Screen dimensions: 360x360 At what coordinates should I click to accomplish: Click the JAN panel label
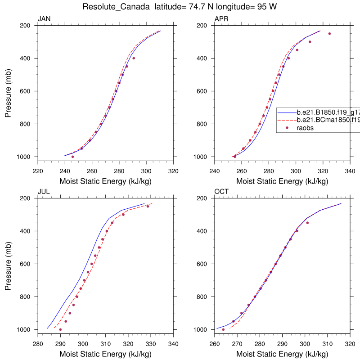(x=44, y=19)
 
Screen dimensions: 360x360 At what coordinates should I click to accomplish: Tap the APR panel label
(x=221, y=19)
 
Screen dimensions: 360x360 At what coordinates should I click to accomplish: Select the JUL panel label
(x=44, y=192)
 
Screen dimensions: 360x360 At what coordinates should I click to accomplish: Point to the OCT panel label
(x=221, y=192)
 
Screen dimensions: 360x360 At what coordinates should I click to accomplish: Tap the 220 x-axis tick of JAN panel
(x=38, y=171)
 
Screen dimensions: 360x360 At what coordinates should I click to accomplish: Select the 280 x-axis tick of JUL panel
(x=38, y=344)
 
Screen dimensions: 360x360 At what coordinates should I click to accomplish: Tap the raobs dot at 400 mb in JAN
(x=134, y=58)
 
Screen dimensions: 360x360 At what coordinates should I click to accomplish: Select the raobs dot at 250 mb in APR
(x=329, y=34)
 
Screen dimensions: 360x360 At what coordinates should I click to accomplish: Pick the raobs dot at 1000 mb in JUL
(x=60, y=329)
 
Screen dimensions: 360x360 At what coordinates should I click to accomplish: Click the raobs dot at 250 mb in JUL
(x=148, y=207)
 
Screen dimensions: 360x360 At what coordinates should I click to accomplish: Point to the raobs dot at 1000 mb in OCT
(x=223, y=329)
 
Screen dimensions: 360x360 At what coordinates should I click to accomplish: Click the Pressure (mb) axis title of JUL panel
(x=9, y=264)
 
